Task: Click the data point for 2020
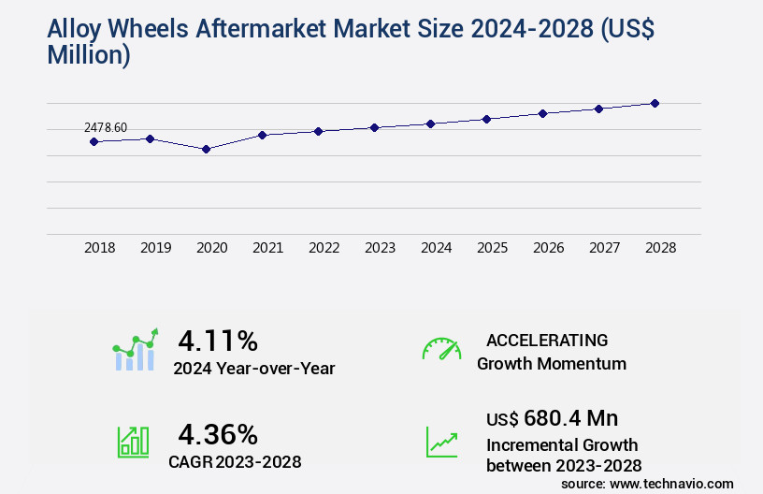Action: [x=206, y=149]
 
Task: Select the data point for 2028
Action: [x=655, y=103]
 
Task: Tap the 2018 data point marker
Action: [x=94, y=141]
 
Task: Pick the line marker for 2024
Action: [x=430, y=123]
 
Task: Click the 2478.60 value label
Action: [x=106, y=127]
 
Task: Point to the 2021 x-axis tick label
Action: [x=267, y=248]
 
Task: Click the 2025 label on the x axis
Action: [x=492, y=248]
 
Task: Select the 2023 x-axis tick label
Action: [x=380, y=248]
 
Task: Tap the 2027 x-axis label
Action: [x=604, y=248]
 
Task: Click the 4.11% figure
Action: [x=218, y=340]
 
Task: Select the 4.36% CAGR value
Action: [x=218, y=434]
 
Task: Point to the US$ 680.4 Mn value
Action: [x=552, y=418]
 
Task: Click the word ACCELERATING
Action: [x=547, y=340]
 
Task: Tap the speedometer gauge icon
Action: [x=441, y=348]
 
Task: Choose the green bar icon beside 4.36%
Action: [x=133, y=442]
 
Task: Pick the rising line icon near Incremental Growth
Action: [x=441, y=442]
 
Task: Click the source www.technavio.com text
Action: [x=647, y=483]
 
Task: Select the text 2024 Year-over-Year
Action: [x=253, y=369]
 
